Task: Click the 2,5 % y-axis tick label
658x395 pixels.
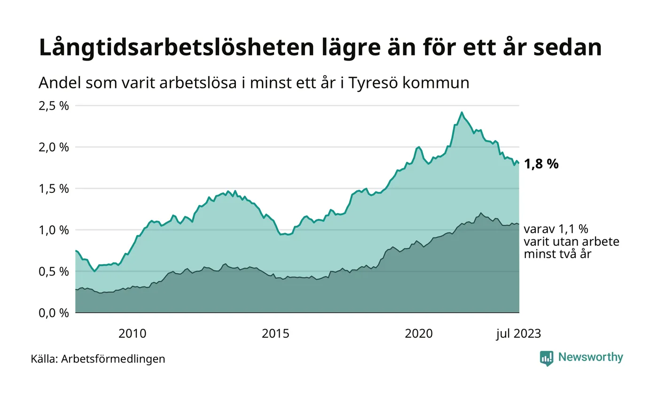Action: pos(54,106)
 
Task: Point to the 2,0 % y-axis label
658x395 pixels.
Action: pos(54,147)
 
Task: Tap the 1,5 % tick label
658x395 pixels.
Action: pos(54,189)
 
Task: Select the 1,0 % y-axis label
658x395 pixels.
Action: pos(54,230)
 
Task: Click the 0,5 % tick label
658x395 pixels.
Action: pos(54,271)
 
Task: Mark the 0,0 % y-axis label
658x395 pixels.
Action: pos(54,313)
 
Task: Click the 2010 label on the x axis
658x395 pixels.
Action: pos(133,334)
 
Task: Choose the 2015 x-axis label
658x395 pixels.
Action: pos(276,334)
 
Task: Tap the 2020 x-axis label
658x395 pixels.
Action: pos(419,334)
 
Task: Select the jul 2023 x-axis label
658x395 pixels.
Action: pos(518,334)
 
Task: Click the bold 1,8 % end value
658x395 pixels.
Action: pos(541,164)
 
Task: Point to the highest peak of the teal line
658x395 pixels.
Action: pos(462,112)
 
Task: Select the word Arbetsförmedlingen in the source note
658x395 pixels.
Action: pos(113,359)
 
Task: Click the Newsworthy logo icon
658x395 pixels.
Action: pos(547,358)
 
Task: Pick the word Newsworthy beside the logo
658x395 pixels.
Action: pos(590,357)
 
